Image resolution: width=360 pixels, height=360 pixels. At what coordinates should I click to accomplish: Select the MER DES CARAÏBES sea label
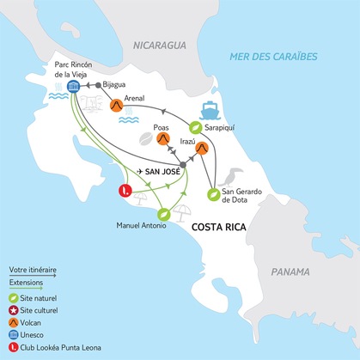tap(269, 57)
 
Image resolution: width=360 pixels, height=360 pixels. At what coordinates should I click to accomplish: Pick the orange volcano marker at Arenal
tap(115, 106)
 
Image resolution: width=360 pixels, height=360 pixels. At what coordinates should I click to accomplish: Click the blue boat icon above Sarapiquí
tap(210, 111)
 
